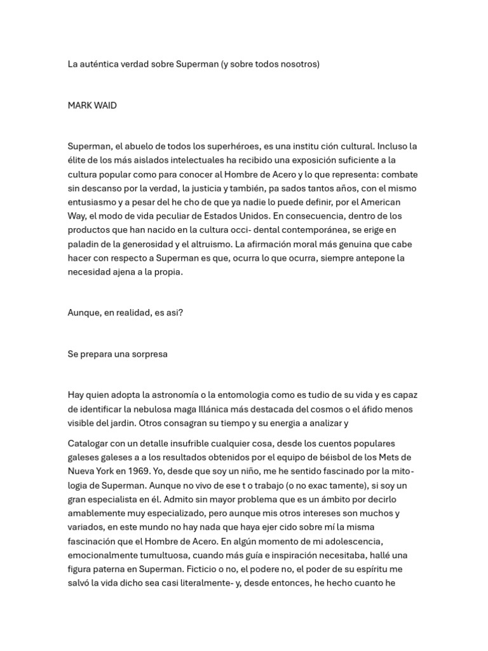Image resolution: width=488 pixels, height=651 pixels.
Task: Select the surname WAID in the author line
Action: [105, 106]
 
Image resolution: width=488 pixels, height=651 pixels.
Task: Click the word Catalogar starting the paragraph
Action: [89, 443]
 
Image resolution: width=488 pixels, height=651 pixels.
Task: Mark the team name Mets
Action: [390, 457]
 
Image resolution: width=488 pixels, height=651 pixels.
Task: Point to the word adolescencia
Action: [352, 541]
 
